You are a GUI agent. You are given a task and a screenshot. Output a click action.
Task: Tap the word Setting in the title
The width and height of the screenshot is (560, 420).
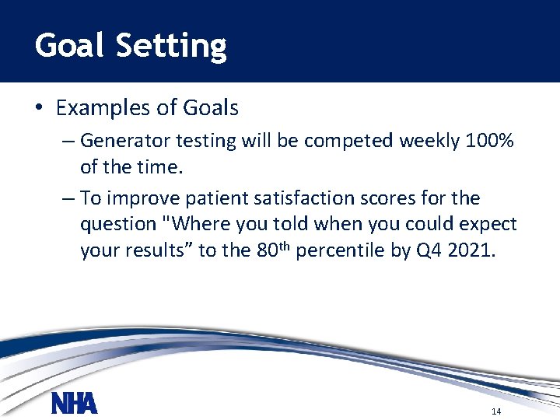[x=171, y=47]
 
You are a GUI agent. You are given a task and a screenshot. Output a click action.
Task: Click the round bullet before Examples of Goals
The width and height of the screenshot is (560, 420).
[x=39, y=108]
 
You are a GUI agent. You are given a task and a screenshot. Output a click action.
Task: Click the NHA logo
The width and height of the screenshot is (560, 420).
[x=74, y=404]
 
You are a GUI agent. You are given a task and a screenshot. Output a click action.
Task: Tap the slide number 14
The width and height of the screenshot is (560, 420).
[x=496, y=411]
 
